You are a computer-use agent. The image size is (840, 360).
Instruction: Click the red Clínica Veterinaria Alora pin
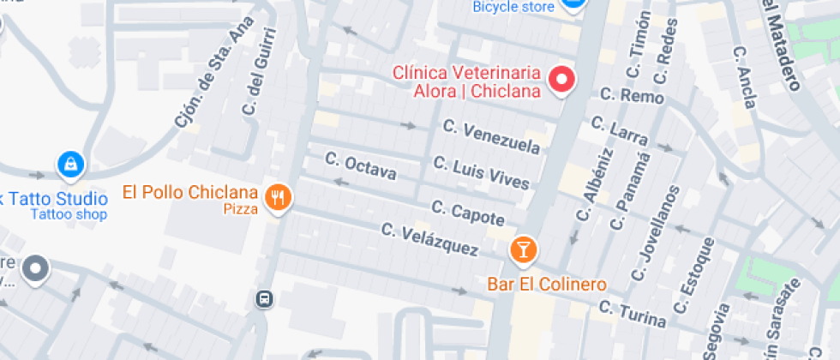click(561, 80)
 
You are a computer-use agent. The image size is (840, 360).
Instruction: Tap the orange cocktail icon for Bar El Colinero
click(523, 250)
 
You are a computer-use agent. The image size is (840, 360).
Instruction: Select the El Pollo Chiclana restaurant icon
click(278, 198)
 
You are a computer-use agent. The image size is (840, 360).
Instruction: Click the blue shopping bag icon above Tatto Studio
click(69, 162)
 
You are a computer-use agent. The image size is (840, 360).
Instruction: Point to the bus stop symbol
click(264, 299)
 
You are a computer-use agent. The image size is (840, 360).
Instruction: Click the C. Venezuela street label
click(492, 137)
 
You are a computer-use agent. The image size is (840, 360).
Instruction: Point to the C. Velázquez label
click(429, 240)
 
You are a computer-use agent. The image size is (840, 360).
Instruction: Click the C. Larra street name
click(620, 131)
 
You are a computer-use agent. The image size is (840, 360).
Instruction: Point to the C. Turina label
click(633, 313)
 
